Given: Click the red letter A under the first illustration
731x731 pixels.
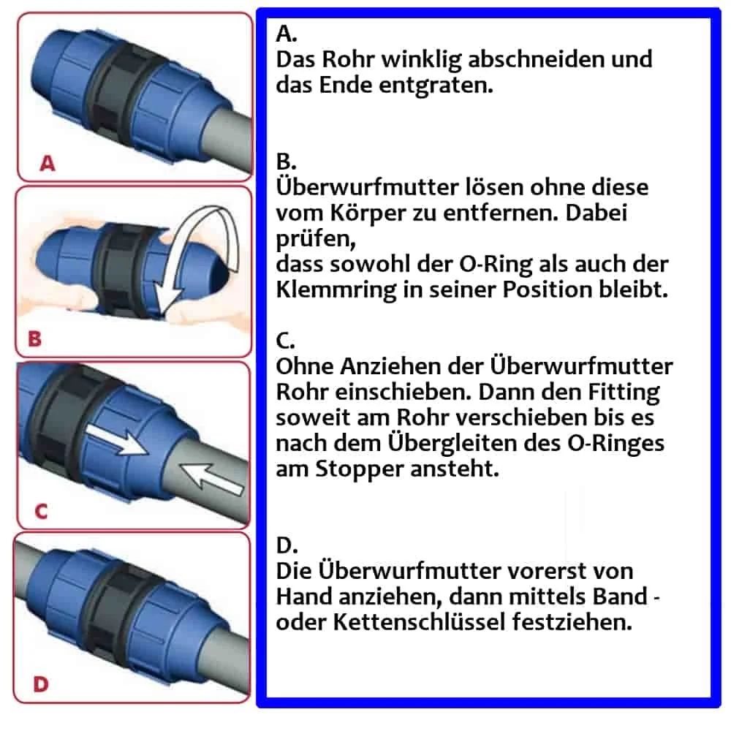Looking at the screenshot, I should (x=48, y=164).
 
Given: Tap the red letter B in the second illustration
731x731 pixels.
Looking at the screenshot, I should (x=34, y=339).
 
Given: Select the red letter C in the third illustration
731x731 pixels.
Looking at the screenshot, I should (x=41, y=511).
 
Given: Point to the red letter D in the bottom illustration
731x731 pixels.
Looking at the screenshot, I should (x=42, y=685).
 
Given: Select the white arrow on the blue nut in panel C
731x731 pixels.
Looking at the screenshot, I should (x=116, y=442).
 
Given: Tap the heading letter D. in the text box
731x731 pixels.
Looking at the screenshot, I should (x=288, y=545).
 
